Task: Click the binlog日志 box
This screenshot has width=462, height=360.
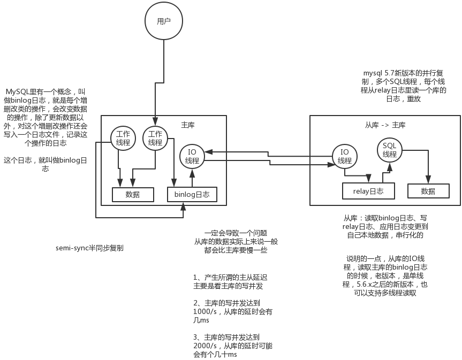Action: tap(192, 194)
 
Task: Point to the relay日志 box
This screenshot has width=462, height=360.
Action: tap(368, 191)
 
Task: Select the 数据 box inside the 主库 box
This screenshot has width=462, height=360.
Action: tap(133, 194)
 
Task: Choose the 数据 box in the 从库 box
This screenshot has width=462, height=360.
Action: tap(428, 191)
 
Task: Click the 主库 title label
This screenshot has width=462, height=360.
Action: tap(188, 125)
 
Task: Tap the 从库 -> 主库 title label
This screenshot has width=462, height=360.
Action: tap(385, 125)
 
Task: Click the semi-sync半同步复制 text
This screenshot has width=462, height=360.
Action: tap(89, 248)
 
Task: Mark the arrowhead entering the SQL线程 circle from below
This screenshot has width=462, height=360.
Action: tap(390, 166)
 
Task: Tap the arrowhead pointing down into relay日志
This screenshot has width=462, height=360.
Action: tap(368, 178)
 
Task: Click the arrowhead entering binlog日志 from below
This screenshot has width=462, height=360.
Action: tap(183, 206)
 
